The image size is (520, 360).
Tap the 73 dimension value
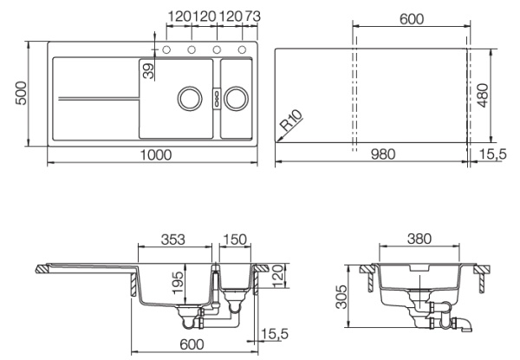coord(253,16)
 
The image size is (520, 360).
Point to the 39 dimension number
coord(148,70)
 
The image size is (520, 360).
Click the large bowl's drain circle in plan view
coord(188,96)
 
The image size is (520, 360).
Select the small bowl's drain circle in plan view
coord(235,96)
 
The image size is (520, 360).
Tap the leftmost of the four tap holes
coord(166,48)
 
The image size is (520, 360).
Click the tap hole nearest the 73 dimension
coord(243,48)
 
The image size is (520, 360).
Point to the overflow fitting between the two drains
coord(213,96)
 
